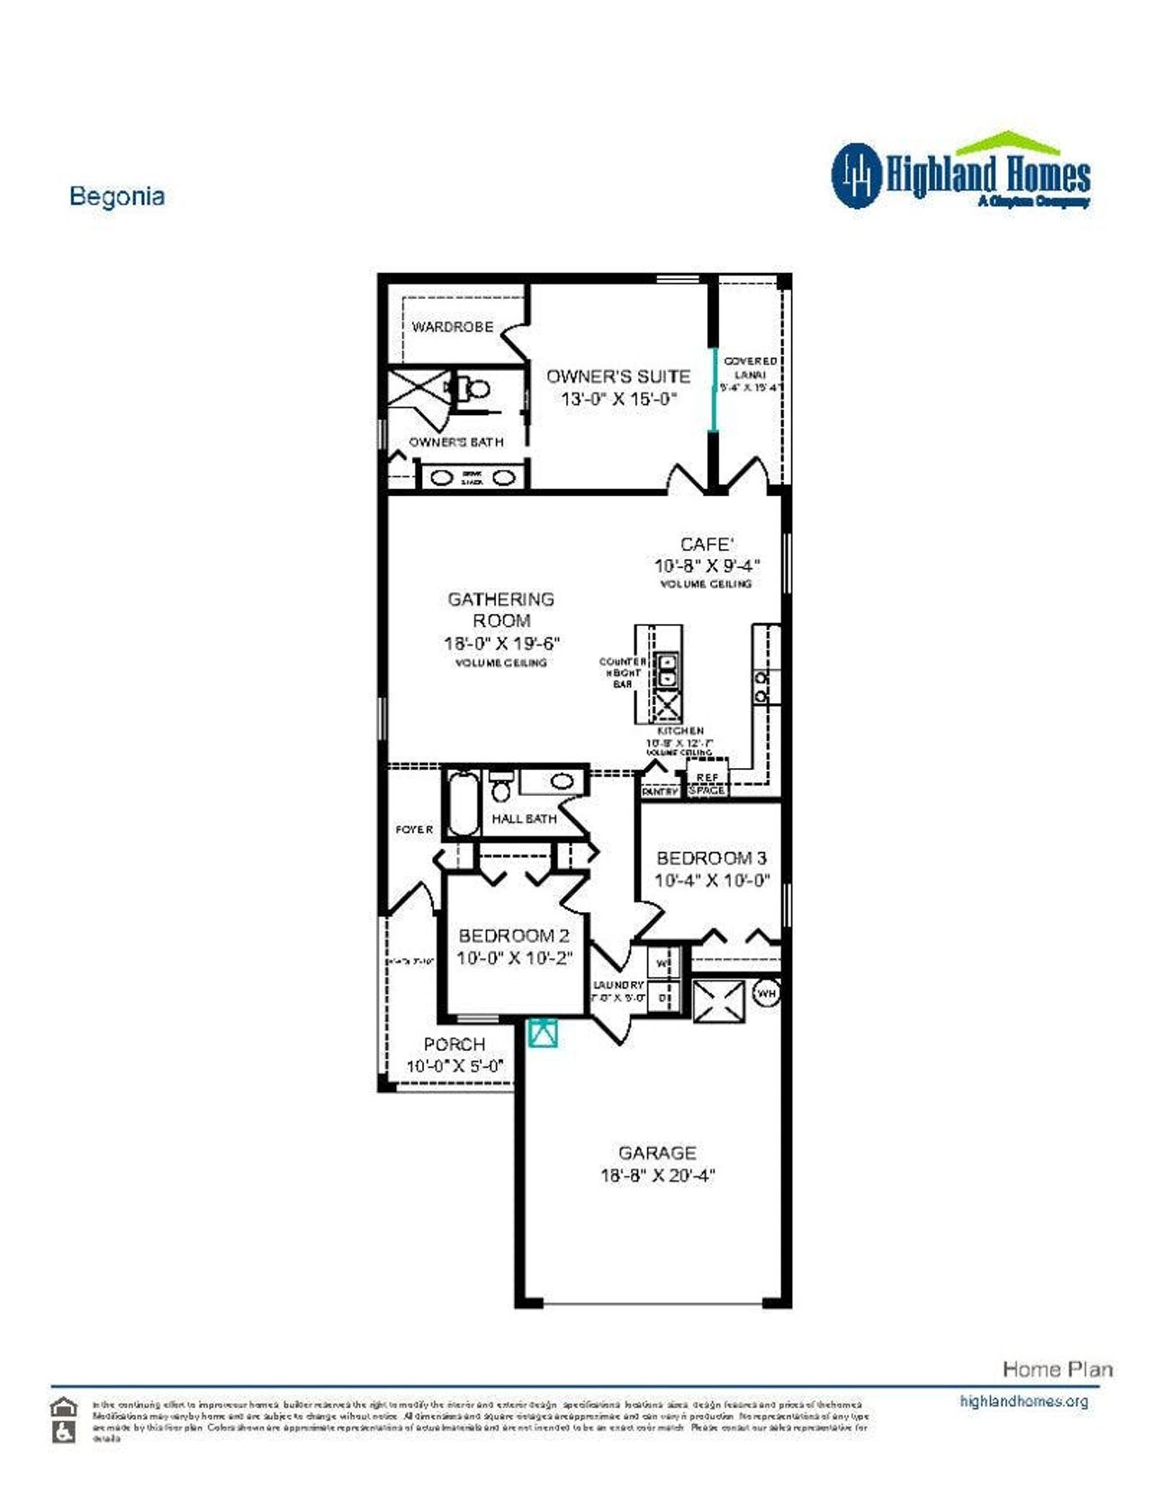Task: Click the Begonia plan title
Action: click(x=117, y=196)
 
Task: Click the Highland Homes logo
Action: click(x=960, y=173)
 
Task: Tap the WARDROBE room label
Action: click(x=453, y=327)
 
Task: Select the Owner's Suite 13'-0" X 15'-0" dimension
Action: click(x=618, y=399)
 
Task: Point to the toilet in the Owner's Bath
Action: click(x=475, y=389)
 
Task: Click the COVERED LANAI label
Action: click(x=751, y=367)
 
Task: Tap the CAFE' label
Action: click(x=706, y=544)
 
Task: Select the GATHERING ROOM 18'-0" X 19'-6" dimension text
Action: click(x=501, y=643)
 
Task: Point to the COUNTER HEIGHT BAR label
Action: click(x=622, y=673)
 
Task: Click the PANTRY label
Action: click(x=660, y=791)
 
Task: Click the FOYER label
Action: click(x=414, y=829)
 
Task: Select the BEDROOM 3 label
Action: click(x=711, y=858)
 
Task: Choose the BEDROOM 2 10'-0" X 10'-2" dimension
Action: click(x=514, y=958)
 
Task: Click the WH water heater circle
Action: click(x=766, y=993)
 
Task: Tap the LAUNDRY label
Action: click(x=618, y=985)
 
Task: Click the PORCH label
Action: click(x=454, y=1044)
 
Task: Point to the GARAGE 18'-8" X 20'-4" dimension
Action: click(x=657, y=1175)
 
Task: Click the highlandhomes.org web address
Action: click(x=1023, y=1401)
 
